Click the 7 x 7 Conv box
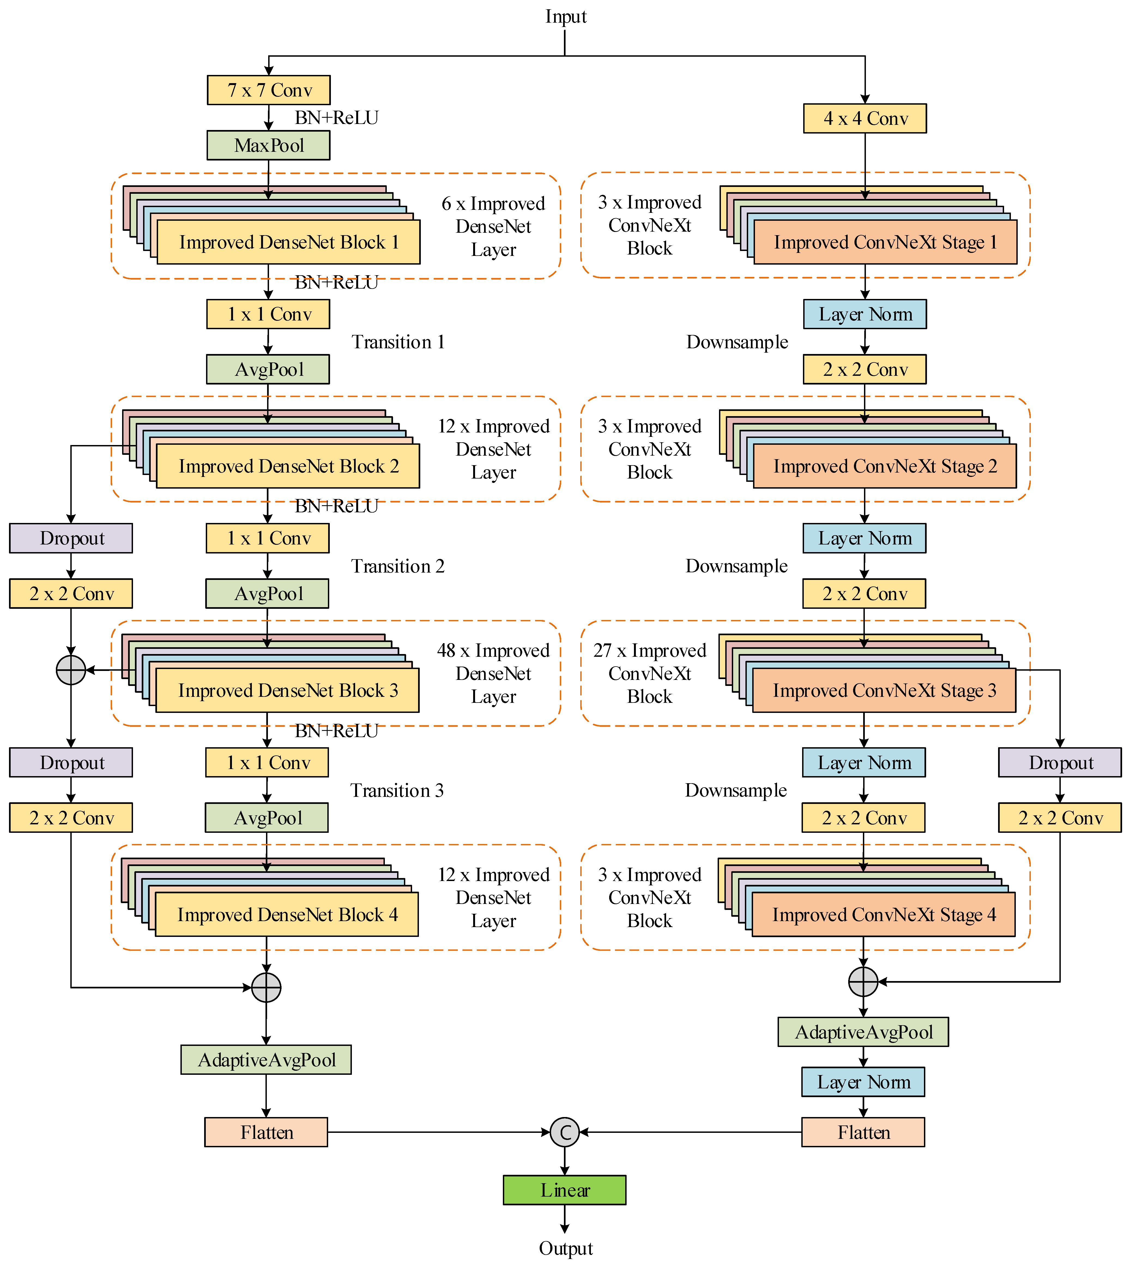click(x=268, y=90)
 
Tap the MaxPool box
click(x=268, y=145)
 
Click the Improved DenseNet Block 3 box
click(x=288, y=690)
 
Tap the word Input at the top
click(x=565, y=17)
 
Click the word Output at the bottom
click(x=565, y=1248)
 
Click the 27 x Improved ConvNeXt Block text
click(x=649, y=673)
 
